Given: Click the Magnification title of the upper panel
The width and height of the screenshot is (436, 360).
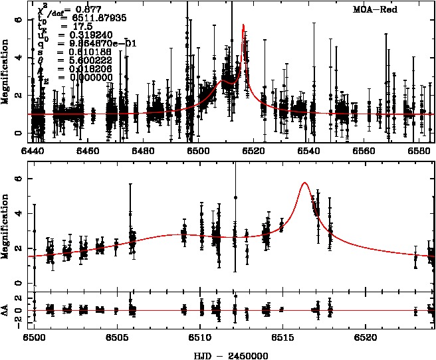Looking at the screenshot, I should point(6,76).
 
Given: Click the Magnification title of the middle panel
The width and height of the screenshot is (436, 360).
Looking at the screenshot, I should point(6,230).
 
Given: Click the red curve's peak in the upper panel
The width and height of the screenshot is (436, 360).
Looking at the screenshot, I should point(243,25).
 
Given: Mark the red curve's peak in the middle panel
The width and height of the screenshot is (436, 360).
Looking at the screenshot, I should point(304,183).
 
